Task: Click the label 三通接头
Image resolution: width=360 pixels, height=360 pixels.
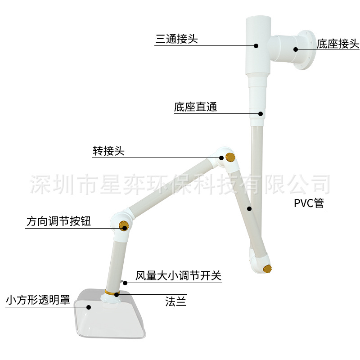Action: (x=176, y=39)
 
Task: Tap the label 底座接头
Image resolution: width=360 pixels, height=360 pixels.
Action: (x=337, y=44)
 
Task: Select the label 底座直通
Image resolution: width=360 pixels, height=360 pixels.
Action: (x=195, y=107)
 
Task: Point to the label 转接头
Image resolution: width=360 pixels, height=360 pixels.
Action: (x=108, y=151)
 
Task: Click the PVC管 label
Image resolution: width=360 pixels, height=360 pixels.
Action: (x=309, y=203)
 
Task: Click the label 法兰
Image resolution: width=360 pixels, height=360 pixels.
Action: (x=175, y=302)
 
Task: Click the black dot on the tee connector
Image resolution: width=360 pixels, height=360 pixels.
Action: (x=256, y=45)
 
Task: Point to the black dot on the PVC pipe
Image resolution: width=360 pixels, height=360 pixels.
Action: (x=249, y=208)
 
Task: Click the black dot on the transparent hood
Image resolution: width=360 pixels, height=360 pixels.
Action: (x=89, y=307)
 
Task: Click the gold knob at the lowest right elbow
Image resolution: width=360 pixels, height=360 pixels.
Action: (x=268, y=270)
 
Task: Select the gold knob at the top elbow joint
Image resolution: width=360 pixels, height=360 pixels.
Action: (x=231, y=157)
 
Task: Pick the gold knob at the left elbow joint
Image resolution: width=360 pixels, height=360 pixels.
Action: (x=122, y=225)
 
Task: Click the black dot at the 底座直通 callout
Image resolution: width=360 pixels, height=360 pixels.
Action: (x=260, y=113)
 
